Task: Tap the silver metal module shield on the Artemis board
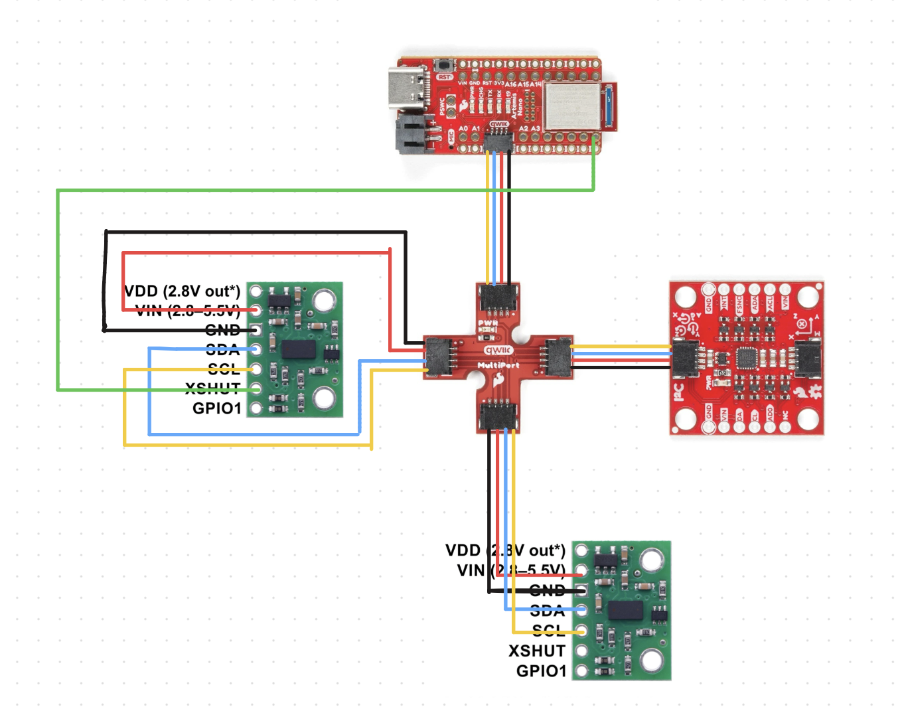[571, 106]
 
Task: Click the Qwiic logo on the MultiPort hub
[498, 350]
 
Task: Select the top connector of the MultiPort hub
[498, 298]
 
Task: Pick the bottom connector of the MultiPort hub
[496, 415]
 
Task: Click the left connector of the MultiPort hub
[439, 356]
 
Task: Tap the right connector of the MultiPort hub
[558, 356]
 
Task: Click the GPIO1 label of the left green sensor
[216, 408]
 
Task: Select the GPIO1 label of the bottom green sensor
[541, 670]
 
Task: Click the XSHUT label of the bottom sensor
[537, 651]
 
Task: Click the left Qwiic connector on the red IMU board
[686, 358]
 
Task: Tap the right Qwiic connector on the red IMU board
[808, 358]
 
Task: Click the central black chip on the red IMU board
[747, 358]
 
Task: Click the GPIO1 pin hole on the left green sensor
[256, 408]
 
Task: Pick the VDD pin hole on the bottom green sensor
[581, 550]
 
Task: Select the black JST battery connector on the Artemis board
[412, 135]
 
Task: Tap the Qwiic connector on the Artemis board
[498, 140]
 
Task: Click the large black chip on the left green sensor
[298, 349]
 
